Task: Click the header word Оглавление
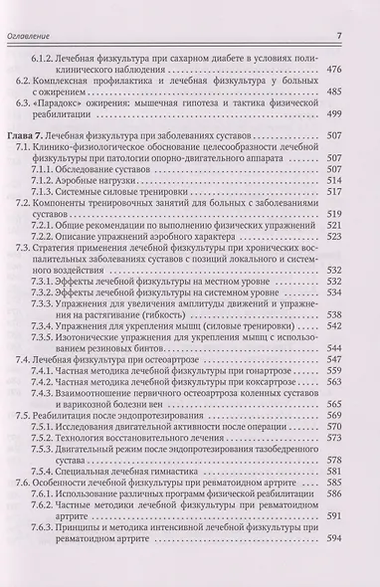31,11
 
